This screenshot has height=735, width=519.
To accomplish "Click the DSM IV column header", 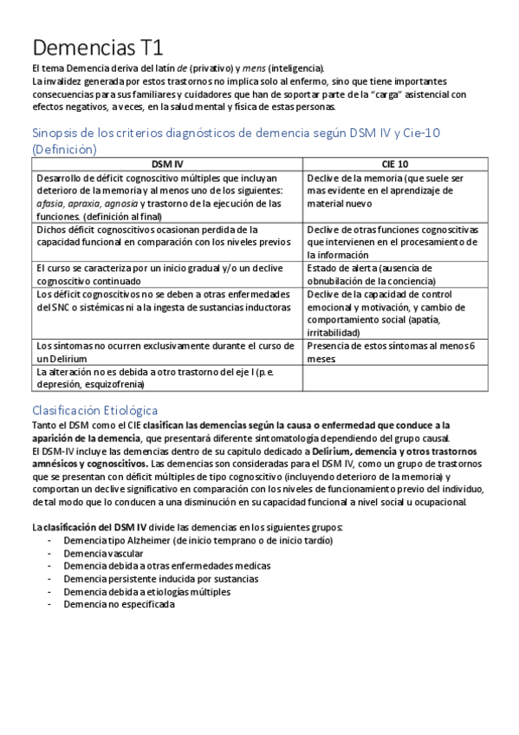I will click(x=166, y=163).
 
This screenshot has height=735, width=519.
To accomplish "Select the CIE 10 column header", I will click(x=394, y=163).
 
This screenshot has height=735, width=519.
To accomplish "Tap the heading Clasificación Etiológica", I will click(x=94, y=409).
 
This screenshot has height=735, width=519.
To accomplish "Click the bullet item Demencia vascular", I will click(x=103, y=553).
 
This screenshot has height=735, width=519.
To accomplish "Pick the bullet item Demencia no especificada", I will click(x=119, y=604).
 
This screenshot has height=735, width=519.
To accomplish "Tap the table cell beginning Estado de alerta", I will click(x=381, y=274).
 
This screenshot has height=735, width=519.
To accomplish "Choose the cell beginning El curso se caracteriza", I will click(x=159, y=274).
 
